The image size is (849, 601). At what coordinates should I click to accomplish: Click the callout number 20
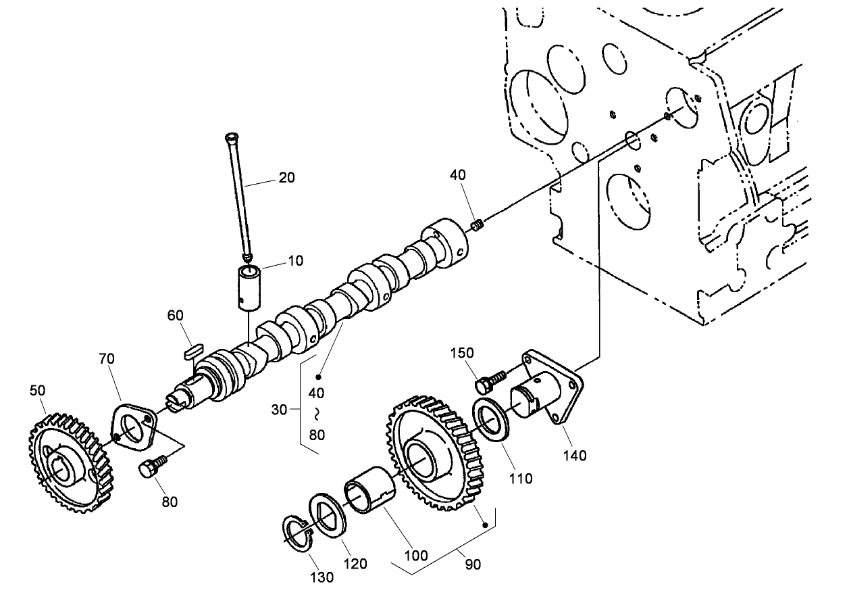pos(287,177)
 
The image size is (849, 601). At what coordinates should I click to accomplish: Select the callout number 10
pos(295,260)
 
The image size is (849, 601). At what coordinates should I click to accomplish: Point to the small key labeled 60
pos(192,349)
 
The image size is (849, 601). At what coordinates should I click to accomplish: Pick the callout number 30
pos(279,409)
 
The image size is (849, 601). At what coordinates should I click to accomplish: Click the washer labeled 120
pos(328,516)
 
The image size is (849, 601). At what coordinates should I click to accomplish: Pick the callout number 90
pos(473,563)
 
